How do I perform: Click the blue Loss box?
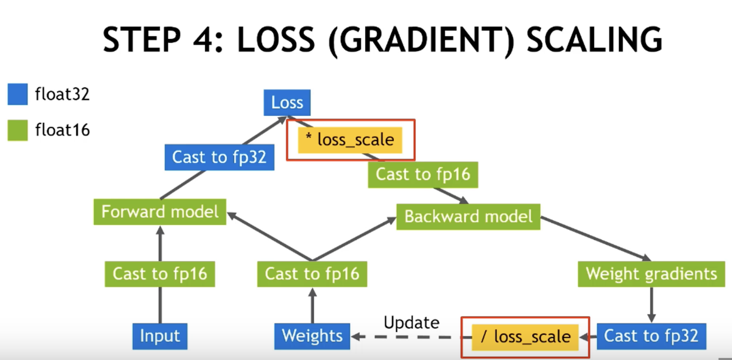287,102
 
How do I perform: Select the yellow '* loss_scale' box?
350,140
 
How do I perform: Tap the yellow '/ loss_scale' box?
526,337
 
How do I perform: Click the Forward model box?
160,212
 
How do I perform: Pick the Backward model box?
468,216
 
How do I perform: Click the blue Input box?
160,337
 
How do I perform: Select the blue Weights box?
312,336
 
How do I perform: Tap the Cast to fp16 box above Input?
160,274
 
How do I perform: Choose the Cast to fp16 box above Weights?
312,274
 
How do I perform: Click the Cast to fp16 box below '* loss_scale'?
422,174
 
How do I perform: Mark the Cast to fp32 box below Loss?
219,157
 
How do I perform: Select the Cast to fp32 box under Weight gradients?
651,336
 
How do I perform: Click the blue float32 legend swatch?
18,95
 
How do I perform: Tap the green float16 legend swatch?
18,130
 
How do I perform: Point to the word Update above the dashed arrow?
411,323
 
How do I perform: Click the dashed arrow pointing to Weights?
408,337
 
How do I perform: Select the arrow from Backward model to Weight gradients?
594,238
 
